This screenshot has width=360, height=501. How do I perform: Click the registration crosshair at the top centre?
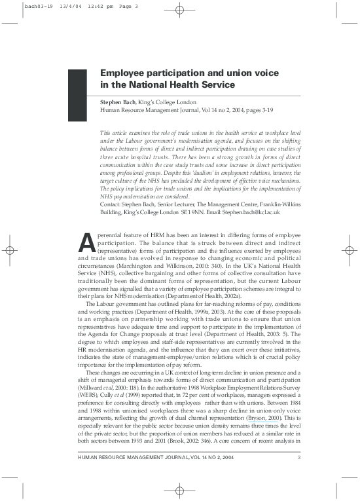[180, 11]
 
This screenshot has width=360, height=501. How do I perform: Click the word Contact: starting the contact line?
[112, 185]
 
